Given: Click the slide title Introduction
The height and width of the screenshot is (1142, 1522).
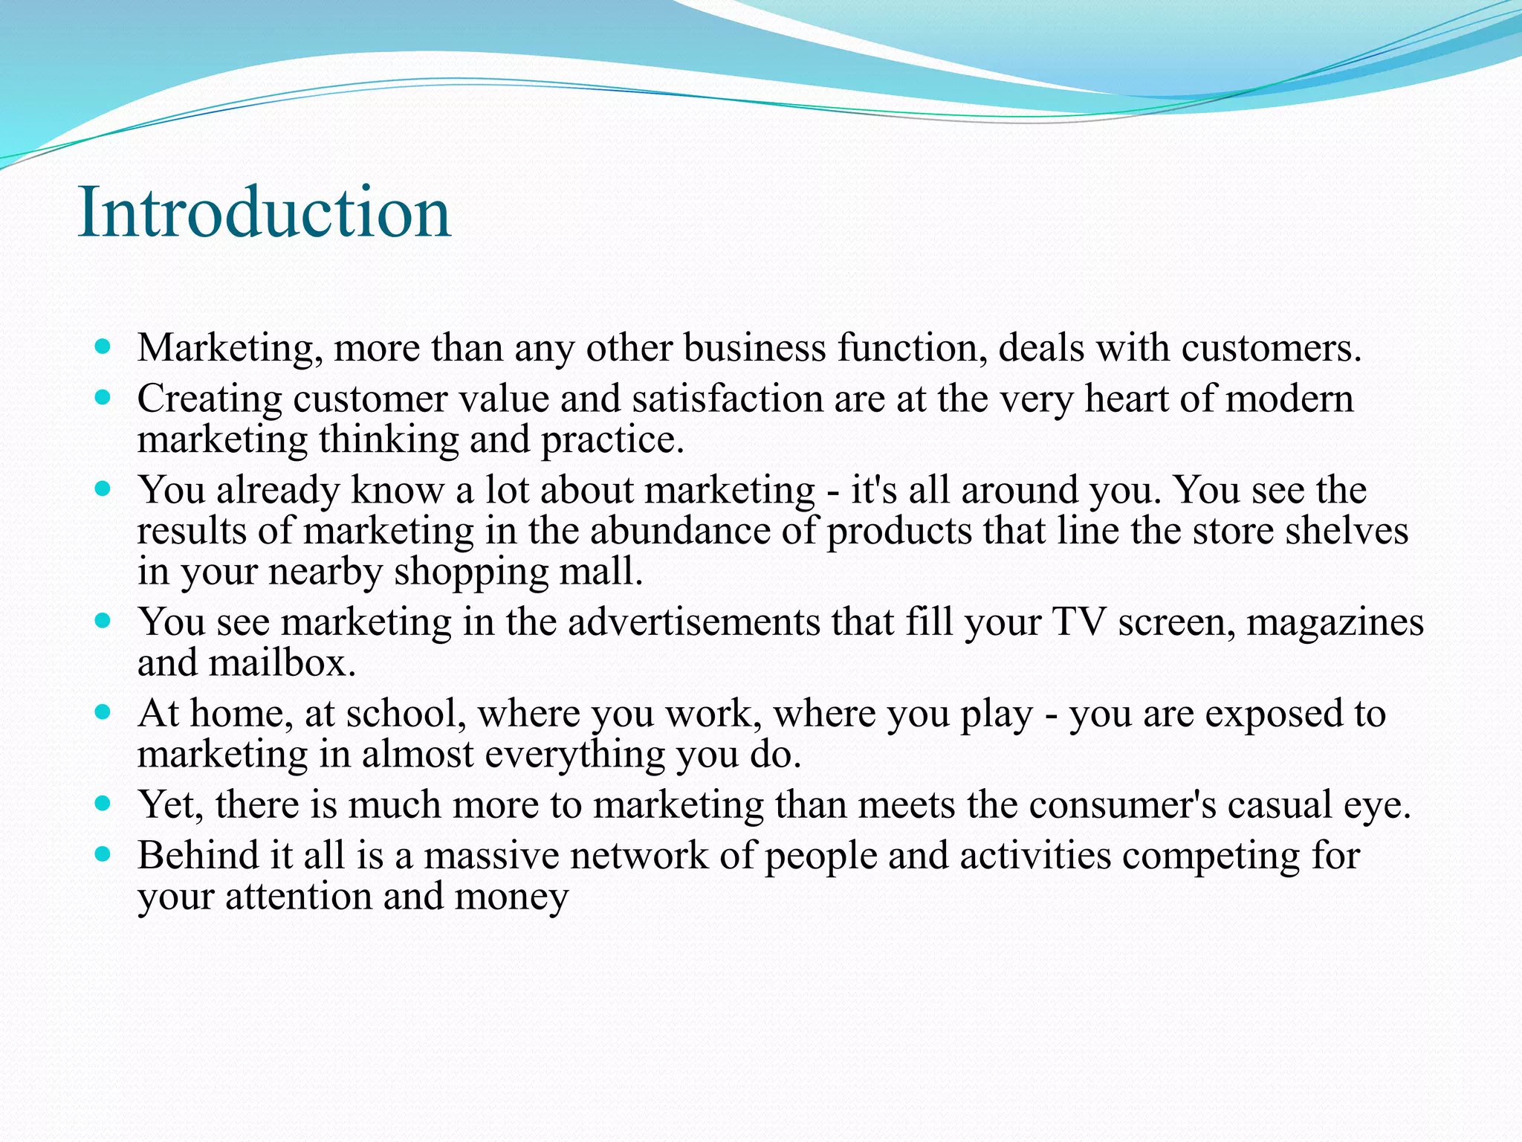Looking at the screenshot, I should [264, 213].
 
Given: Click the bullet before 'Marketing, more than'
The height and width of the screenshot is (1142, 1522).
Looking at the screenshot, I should [103, 346].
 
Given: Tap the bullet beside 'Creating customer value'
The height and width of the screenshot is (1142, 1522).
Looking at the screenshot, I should [103, 398].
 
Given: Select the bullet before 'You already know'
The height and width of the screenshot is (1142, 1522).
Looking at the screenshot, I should [103, 489].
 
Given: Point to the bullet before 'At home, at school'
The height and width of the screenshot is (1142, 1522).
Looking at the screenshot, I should [103, 712].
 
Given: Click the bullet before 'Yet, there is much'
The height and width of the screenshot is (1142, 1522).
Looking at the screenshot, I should [103, 804].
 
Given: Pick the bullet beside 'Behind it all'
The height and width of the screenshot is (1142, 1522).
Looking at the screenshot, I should [103, 855].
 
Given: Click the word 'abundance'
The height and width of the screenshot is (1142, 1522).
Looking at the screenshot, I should [679, 531].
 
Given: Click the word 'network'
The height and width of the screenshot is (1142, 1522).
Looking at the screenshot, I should [638, 856].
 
